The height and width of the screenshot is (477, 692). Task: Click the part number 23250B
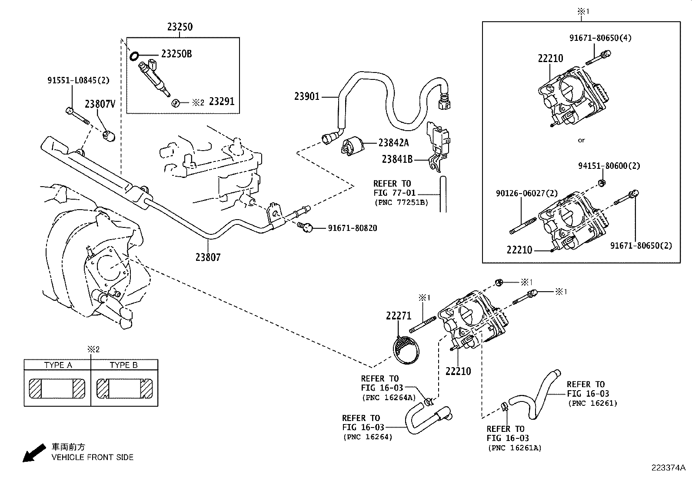(176, 54)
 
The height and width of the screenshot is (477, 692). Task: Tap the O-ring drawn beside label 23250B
(134, 56)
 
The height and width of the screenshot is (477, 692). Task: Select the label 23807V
(100, 104)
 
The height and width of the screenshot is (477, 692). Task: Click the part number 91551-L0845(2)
(78, 80)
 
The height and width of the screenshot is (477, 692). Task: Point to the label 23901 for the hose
(307, 96)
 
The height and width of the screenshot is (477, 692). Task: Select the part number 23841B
(397, 159)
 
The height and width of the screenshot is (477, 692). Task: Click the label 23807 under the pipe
(208, 257)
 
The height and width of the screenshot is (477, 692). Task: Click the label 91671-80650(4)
(600, 38)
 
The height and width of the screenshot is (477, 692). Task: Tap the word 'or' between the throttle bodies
(581, 140)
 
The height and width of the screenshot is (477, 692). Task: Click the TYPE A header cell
(58, 365)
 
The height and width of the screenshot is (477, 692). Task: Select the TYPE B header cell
(124, 365)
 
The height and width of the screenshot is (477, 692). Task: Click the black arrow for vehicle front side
(33, 452)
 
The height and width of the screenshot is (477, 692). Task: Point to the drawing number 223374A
(668, 468)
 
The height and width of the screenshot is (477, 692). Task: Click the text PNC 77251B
(401, 202)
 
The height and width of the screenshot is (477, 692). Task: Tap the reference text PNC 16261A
(514, 448)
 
